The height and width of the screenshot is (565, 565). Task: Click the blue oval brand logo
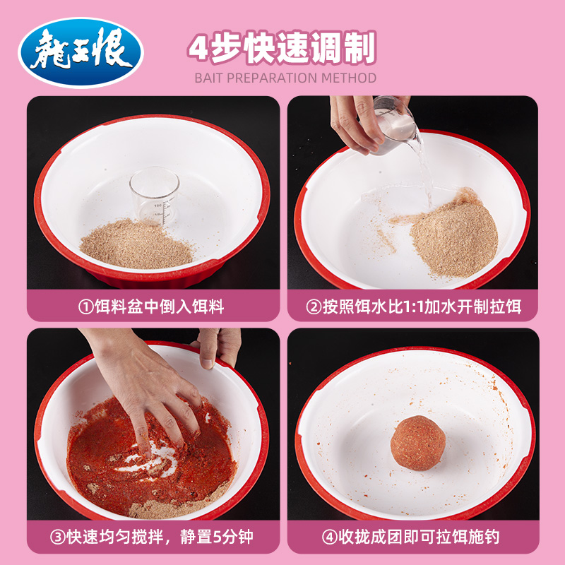(x=81, y=52)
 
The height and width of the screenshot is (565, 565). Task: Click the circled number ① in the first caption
(x=85, y=307)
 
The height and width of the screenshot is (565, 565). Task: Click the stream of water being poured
(x=425, y=169)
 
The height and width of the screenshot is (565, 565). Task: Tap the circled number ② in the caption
(x=314, y=307)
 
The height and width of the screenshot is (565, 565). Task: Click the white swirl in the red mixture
(x=152, y=463)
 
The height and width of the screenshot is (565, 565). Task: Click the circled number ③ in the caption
(x=58, y=538)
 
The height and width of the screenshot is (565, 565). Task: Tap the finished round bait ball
(x=418, y=444)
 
